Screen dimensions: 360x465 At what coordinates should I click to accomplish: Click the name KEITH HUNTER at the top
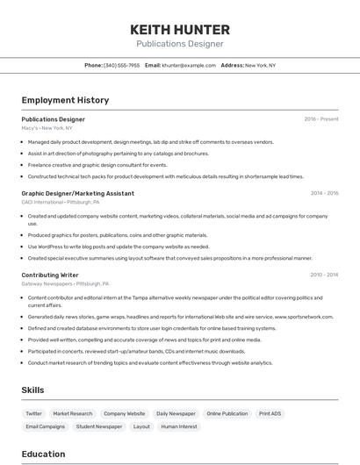click(179, 29)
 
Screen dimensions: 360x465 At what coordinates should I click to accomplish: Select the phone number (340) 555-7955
click(121, 65)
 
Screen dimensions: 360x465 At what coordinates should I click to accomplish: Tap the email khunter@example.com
click(189, 65)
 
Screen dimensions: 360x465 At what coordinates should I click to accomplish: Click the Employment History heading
click(65, 100)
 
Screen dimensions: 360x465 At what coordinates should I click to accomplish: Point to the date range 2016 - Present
click(320, 118)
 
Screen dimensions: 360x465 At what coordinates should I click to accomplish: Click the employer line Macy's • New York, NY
click(47, 128)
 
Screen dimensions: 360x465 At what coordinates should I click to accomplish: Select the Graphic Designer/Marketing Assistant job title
click(77, 193)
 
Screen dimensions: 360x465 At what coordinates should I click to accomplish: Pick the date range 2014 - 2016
click(324, 193)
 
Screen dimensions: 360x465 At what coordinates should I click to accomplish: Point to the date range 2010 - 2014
click(324, 275)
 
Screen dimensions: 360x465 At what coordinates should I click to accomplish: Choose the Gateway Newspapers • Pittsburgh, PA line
click(65, 284)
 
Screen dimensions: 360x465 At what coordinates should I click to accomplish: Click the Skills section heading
click(32, 390)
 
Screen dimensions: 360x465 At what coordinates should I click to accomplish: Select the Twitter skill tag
click(33, 413)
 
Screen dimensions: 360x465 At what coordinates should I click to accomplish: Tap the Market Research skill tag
click(72, 413)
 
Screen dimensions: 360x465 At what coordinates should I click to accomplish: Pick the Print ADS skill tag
click(270, 413)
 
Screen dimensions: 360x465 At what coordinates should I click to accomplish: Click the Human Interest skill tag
click(179, 426)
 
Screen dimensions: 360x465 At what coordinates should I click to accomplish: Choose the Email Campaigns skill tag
click(45, 426)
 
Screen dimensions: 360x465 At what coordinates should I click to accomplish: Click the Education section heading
click(43, 454)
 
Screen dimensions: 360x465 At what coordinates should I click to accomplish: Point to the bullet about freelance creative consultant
click(97, 165)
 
